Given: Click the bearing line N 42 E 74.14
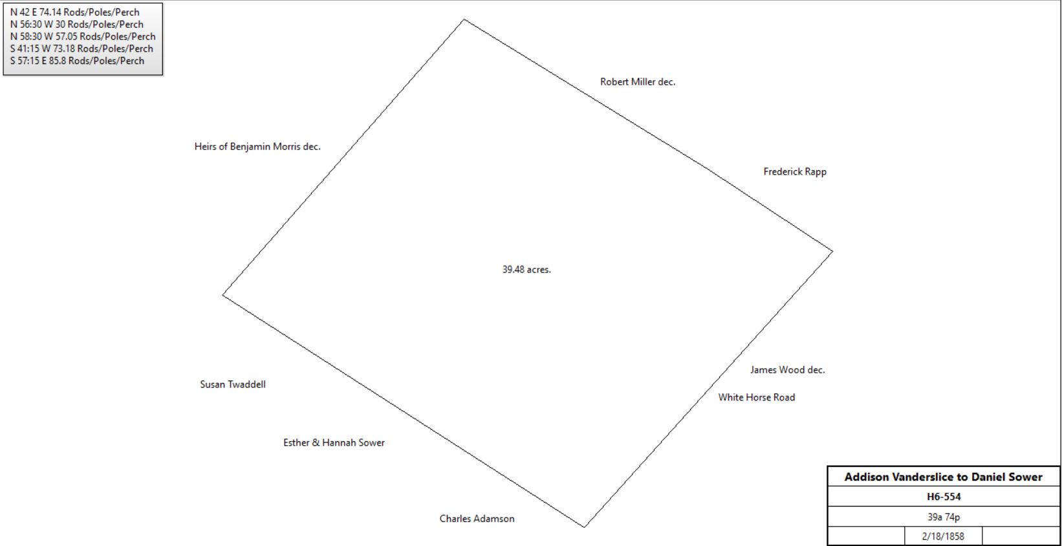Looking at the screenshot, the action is pos(708,389).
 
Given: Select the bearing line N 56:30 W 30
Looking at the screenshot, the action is pos(771,210).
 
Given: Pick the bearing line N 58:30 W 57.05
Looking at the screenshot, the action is pos(587,94).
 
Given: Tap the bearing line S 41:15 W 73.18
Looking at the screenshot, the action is pos(343,157).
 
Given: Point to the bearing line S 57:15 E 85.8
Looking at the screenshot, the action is pos(404,411).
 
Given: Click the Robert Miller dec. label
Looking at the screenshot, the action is pos(638,82).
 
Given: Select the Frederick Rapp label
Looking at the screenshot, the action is pos(795,171).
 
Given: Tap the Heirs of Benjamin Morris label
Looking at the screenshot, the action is pos(257,147).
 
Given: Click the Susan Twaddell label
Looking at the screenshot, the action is pos(232,384).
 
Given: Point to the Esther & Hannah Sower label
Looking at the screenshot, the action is pos(334,442).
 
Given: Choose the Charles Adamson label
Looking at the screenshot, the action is pos(477,518).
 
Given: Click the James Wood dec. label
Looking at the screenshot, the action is pos(788,369).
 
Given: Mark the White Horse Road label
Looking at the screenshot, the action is pos(756,397).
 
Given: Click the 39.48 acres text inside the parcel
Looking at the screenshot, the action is pos(526,270).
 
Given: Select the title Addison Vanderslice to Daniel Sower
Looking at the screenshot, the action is pos(943,477).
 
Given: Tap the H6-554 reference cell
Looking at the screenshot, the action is pos(944,497).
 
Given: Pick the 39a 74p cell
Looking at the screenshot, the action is pos(944,517).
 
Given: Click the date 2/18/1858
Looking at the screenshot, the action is pos(943,536).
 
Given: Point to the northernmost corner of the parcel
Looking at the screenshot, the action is pos(464,19).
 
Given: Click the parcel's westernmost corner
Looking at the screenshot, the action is pos(223,295).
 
